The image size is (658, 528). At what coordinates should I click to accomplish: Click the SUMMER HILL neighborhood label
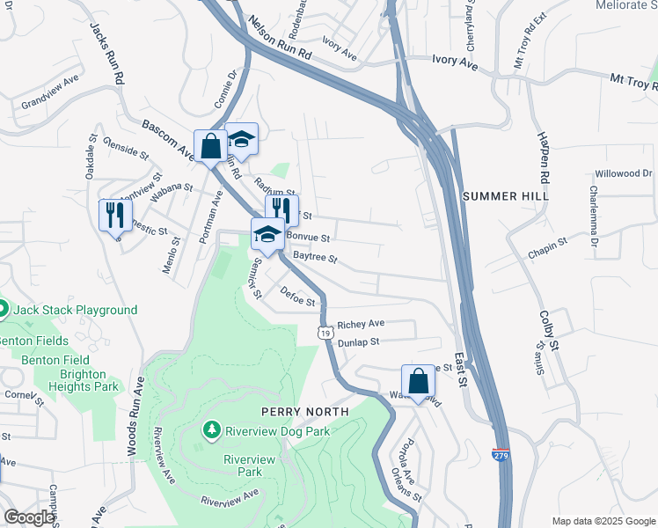pyautogui.click(x=505, y=195)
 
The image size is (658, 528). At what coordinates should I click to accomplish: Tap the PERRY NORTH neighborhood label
pyautogui.click(x=304, y=412)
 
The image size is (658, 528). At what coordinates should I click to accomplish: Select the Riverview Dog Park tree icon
pyautogui.click(x=211, y=430)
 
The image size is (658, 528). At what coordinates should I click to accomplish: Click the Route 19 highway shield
pyautogui.click(x=325, y=334)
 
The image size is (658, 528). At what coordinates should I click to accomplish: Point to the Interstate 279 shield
pyautogui.click(x=499, y=456)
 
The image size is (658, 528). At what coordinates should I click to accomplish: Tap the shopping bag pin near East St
pyautogui.click(x=419, y=381)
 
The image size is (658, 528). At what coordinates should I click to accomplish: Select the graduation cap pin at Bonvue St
pyautogui.click(x=267, y=233)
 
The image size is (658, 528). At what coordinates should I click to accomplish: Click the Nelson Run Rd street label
pyautogui.click(x=280, y=40)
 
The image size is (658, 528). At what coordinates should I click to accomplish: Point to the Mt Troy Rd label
pyautogui.click(x=632, y=81)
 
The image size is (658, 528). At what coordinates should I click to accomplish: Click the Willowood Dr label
pyautogui.click(x=621, y=173)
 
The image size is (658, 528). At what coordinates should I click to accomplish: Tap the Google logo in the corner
pyautogui.click(x=29, y=518)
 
